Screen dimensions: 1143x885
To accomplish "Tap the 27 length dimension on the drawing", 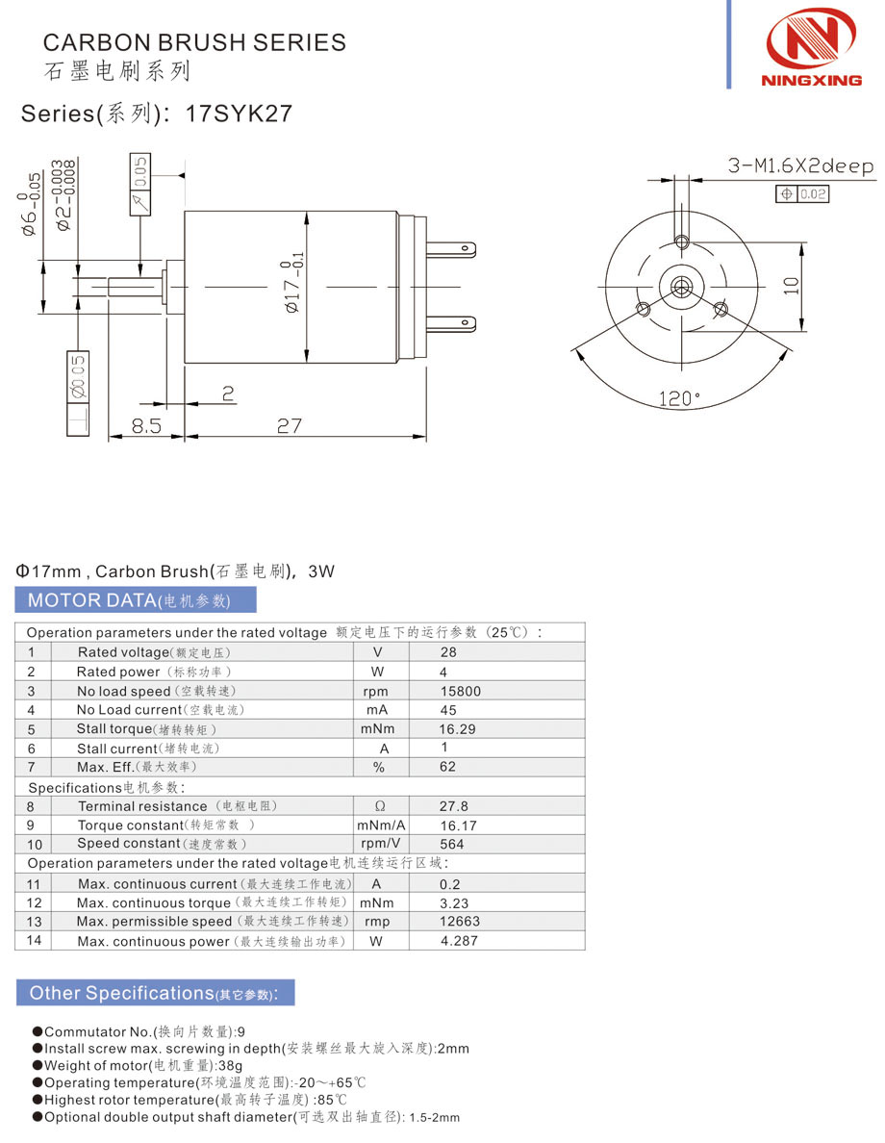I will (x=290, y=425).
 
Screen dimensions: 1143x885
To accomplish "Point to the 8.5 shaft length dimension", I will (x=146, y=425).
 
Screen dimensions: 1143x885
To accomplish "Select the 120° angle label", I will (x=680, y=398).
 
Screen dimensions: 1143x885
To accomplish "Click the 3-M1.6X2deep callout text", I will (x=800, y=166).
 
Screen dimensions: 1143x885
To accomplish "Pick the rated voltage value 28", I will (x=448, y=652).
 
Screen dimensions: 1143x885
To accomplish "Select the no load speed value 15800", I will (x=460, y=691).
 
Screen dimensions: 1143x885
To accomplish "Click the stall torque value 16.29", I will (x=457, y=729).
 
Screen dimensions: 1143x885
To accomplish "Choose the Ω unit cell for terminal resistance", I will (x=380, y=806).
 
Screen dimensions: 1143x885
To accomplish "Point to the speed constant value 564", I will (x=452, y=845).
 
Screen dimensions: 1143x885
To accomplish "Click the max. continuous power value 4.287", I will (x=459, y=941).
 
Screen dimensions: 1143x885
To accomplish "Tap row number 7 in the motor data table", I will (x=32, y=767).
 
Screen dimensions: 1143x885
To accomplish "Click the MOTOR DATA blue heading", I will (x=136, y=600).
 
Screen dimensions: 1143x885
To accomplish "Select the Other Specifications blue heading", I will (x=155, y=993).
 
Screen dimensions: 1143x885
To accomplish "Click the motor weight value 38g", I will (x=231, y=1065).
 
